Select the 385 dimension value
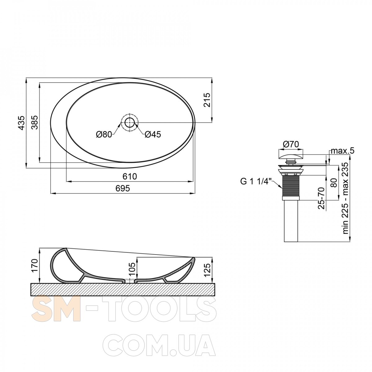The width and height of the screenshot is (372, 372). click(35, 122)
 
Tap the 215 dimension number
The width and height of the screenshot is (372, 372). click(206, 100)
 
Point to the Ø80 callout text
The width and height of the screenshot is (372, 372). click(104, 134)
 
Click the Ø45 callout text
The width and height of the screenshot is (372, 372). click(153, 134)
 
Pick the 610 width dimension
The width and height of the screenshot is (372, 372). click(130, 176)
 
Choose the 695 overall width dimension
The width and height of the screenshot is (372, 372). click(123, 188)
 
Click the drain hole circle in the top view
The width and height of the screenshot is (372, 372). click(130, 122)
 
